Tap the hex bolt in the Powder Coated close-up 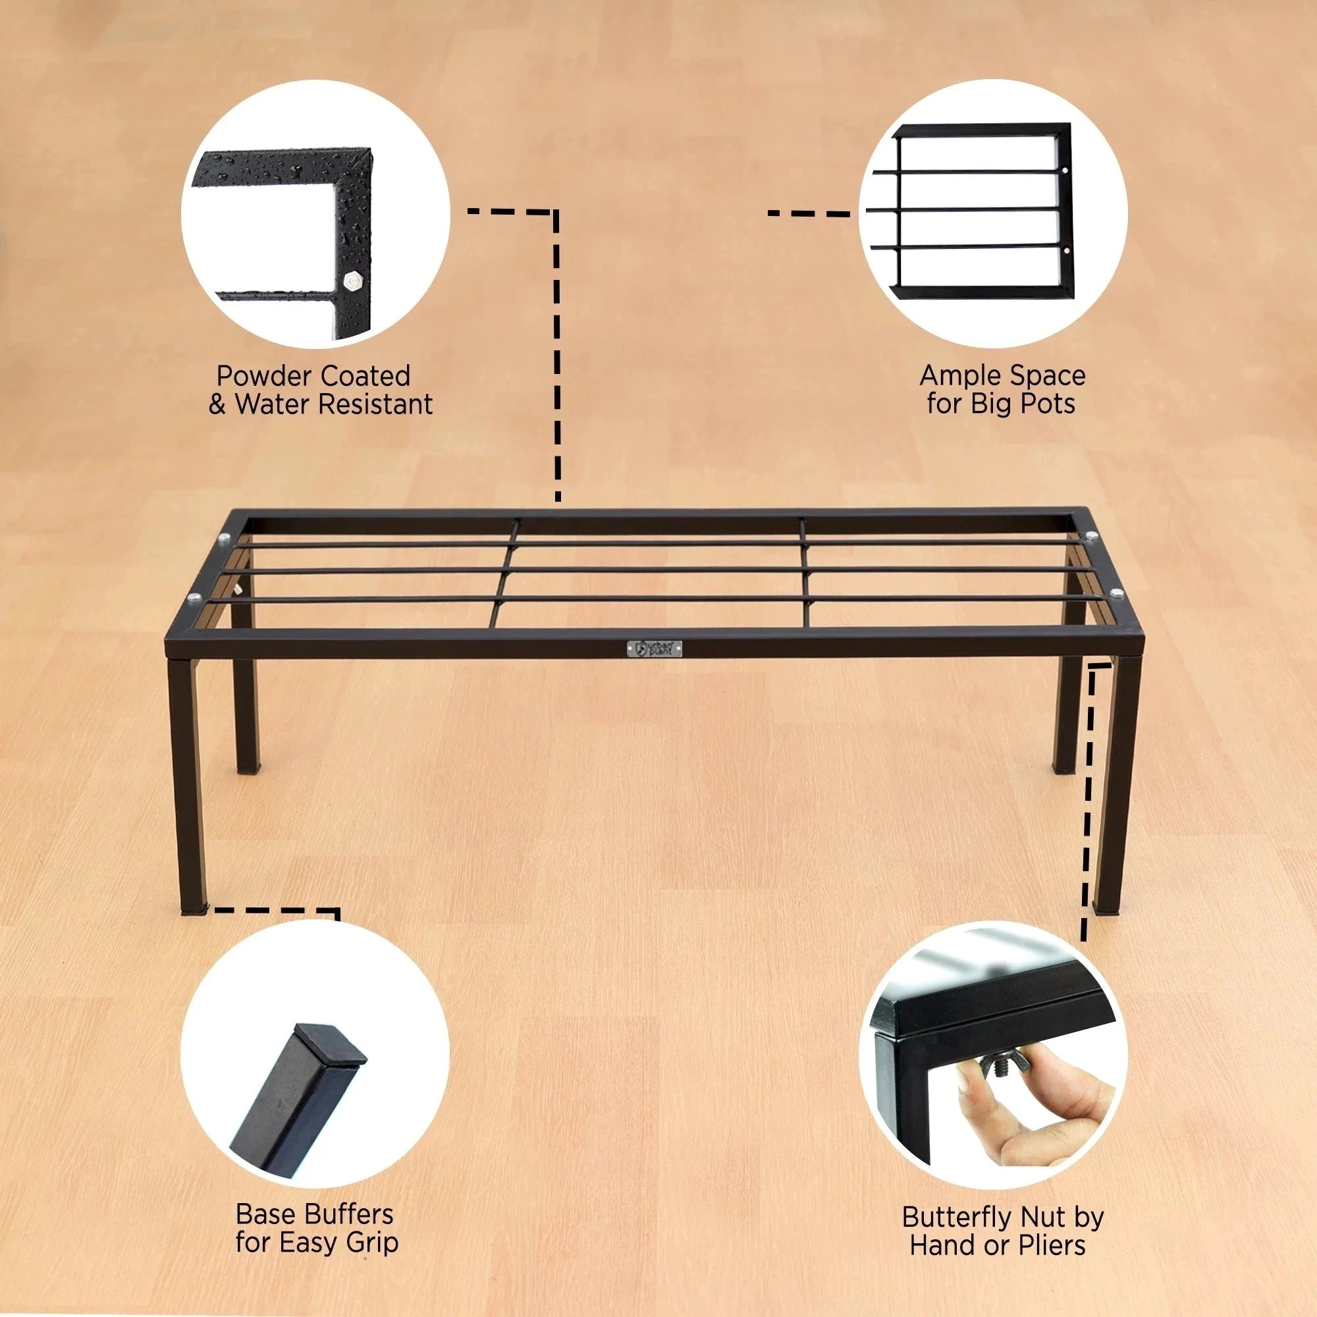353,280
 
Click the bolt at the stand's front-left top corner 192,599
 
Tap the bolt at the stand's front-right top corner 1117,593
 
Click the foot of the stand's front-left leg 194,910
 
